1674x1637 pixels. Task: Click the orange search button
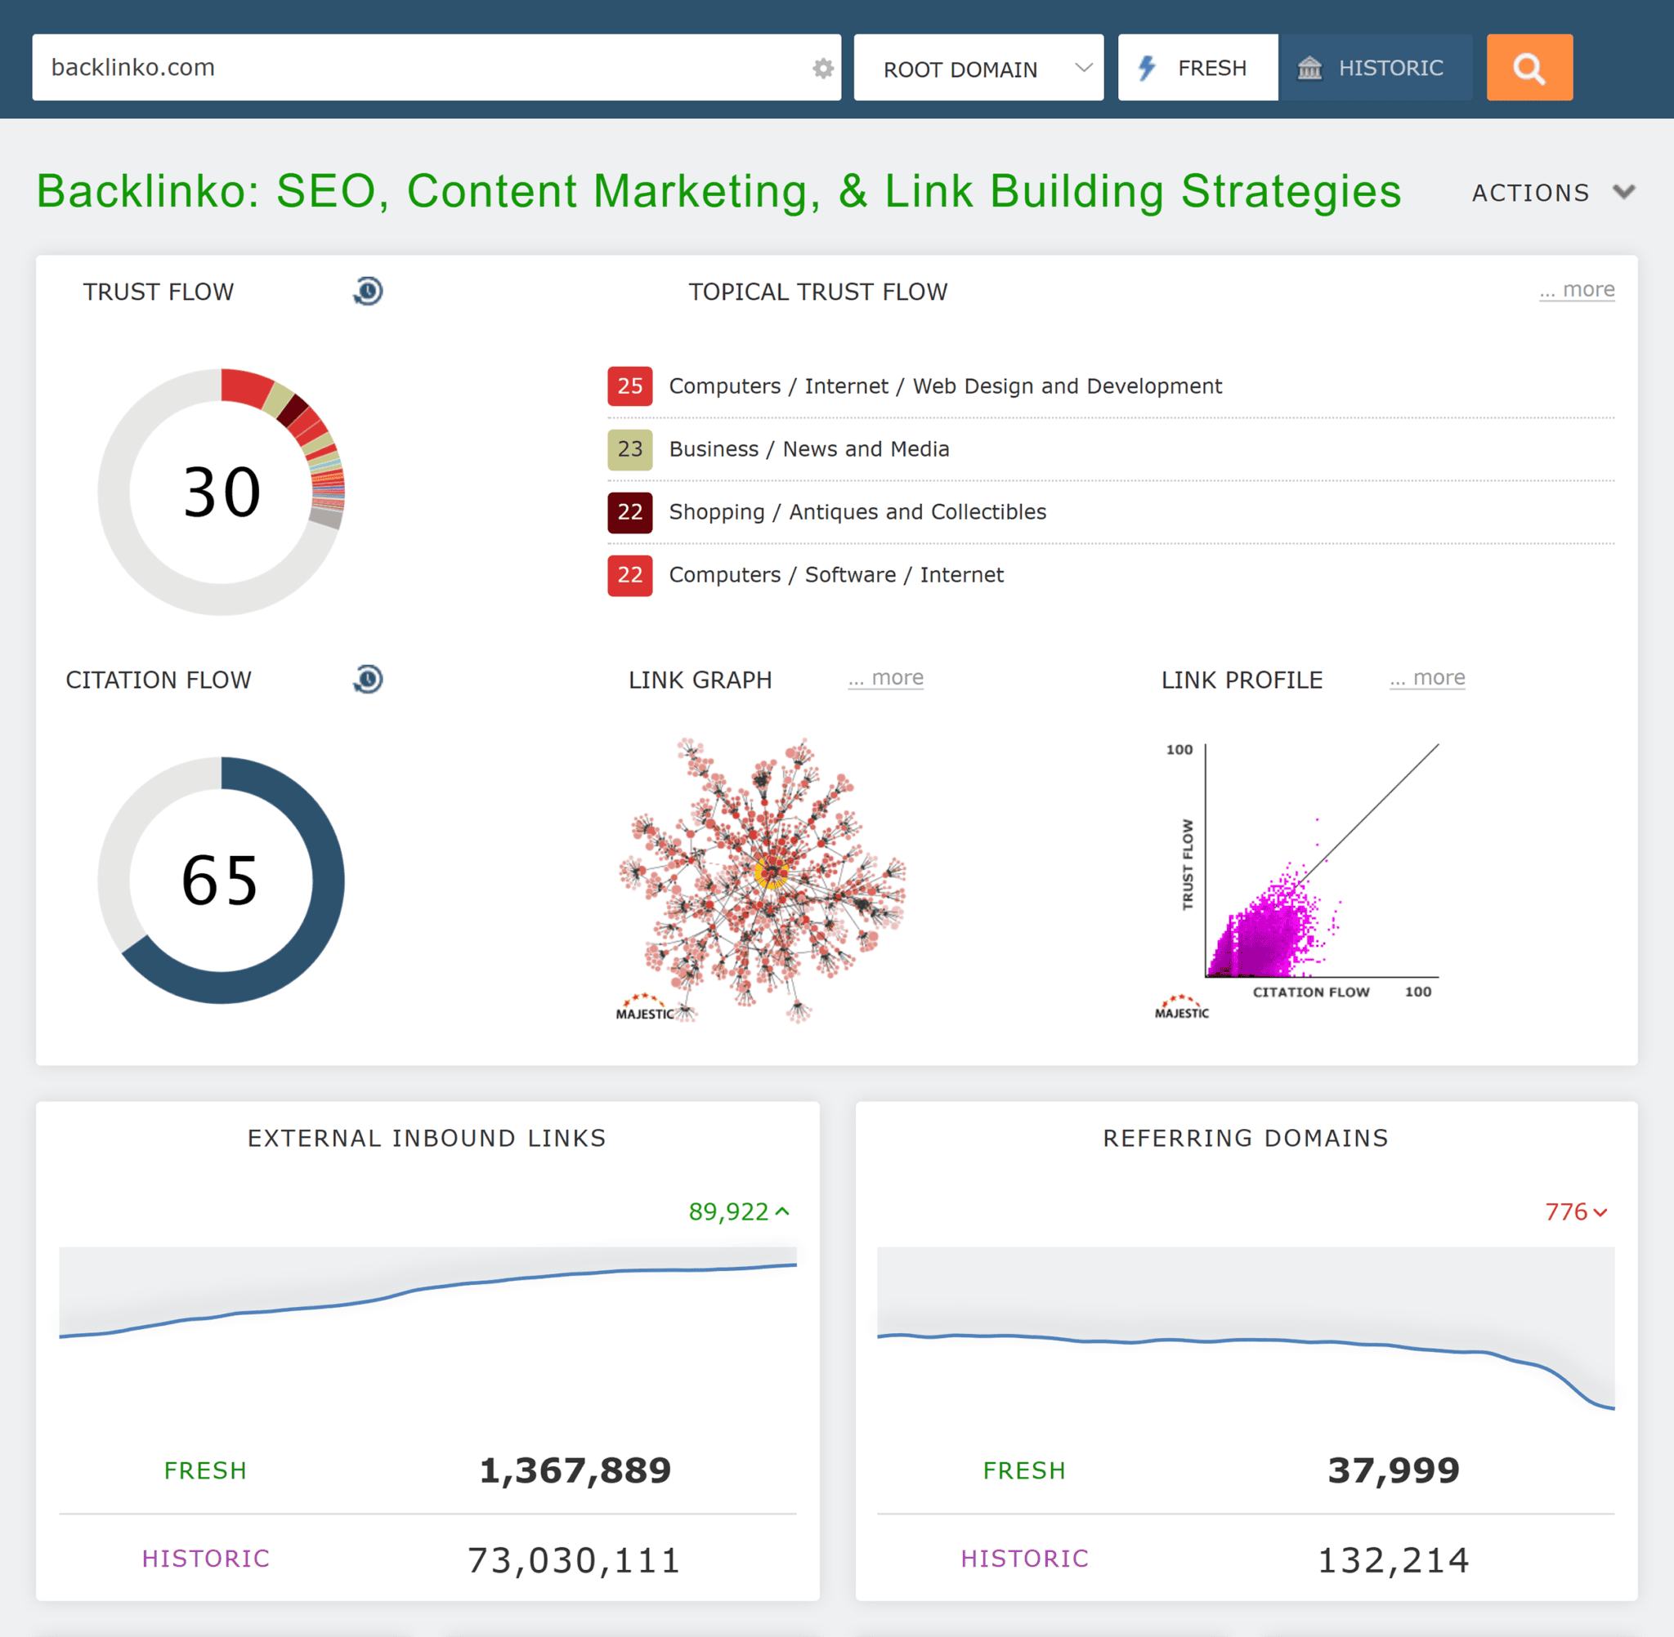[x=1529, y=68]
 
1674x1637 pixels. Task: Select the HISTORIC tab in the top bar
[x=1374, y=68]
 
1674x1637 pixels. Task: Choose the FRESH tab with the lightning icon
[x=1197, y=68]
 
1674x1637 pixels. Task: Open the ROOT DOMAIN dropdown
[x=978, y=68]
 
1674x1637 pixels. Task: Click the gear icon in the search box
[x=823, y=68]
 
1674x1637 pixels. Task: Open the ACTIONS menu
[x=1552, y=193]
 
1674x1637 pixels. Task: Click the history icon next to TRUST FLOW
[x=368, y=292]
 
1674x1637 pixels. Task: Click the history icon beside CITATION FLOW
[x=368, y=679]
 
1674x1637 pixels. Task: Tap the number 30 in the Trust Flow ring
[x=221, y=493]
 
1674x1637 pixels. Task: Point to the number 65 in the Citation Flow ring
[x=220, y=881]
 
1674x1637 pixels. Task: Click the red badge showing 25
[x=629, y=386]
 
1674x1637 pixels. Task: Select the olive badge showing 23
[x=629, y=448]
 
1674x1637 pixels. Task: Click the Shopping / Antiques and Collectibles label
[x=857, y=511]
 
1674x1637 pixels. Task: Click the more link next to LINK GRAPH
[x=886, y=677]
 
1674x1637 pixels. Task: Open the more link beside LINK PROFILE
[x=1427, y=677]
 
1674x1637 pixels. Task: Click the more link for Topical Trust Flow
[x=1577, y=290]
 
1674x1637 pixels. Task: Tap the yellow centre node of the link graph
[x=771, y=873]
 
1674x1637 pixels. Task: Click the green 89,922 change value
[x=729, y=1211]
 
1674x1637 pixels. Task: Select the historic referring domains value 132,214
[x=1393, y=1559]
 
